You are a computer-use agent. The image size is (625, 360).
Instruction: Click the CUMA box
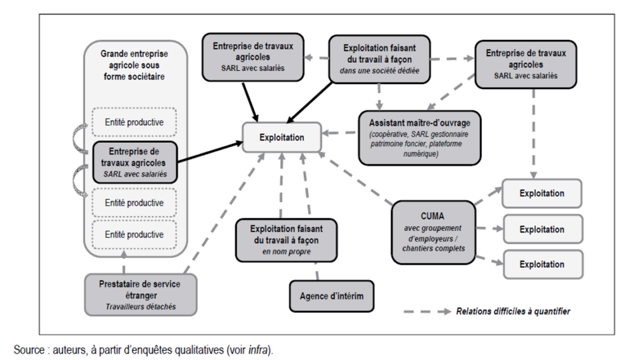(433, 232)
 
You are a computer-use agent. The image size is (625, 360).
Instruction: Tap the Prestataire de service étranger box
(140, 294)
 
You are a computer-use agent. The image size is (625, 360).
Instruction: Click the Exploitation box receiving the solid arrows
(281, 137)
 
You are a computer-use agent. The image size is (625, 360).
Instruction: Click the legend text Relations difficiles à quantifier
(513, 311)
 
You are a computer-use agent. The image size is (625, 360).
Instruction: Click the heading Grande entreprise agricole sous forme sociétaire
(134, 63)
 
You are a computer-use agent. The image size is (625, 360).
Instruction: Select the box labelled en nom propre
(286, 240)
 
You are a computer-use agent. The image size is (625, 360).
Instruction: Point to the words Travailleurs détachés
(140, 306)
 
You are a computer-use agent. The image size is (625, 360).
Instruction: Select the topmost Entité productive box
(134, 121)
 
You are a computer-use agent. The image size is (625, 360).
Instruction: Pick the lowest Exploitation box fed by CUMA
(541, 265)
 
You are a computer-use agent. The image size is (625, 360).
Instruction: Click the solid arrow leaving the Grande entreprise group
(208, 153)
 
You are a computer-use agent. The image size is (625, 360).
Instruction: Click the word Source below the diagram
(28, 350)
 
